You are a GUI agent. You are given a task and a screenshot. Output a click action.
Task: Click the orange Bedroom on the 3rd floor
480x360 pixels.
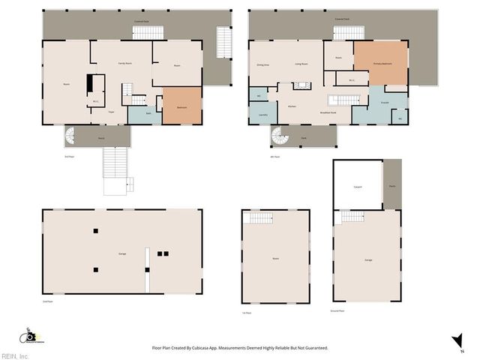pos(182,106)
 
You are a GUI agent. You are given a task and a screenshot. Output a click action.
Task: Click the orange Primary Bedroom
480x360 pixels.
pos(382,64)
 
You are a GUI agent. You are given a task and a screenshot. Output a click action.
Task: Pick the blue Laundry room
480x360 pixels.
pos(263,115)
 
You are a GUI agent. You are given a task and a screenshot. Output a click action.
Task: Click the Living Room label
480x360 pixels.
pos(301,64)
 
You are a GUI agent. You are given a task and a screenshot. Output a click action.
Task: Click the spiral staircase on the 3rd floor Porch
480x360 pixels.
pos(71,137)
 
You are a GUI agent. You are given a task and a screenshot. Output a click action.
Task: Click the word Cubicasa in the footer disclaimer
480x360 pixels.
pos(220,348)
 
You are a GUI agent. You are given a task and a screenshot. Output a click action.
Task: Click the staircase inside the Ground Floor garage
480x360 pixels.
pos(352,217)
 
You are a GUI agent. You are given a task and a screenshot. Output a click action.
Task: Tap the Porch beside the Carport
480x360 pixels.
pos(392,184)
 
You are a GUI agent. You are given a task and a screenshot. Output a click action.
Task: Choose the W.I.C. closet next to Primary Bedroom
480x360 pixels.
pos(352,79)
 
